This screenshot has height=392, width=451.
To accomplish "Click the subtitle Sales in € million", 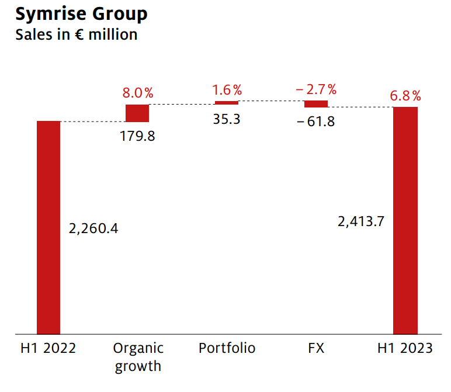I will (x=77, y=34).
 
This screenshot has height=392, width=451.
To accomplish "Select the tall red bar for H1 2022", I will (x=48, y=227).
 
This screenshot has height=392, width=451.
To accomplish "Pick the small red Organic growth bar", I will (x=138, y=113).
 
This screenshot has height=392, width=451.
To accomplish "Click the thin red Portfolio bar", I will (x=227, y=103).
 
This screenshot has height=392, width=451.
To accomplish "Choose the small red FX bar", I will (x=316, y=104).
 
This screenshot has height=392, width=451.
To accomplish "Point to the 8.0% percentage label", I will (x=138, y=93).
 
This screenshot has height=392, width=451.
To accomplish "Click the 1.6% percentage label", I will (x=227, y=90).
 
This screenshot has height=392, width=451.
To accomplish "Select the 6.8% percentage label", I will (x=405, y=95).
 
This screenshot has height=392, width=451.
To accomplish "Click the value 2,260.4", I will (x=93, y=228).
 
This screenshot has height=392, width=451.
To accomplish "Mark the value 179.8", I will (x=138, y=136).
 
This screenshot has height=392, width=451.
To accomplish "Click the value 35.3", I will (x=227, y=120).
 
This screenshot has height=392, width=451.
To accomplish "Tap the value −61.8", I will (x=315, y=122).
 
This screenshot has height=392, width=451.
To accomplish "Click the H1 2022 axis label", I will (x=48, y=349).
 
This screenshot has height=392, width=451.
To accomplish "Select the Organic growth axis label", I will (x=138, y=358).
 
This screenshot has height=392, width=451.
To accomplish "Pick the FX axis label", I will (x=315, y=349).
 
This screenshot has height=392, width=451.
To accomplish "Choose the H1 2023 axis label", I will (x=405, y=349).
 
